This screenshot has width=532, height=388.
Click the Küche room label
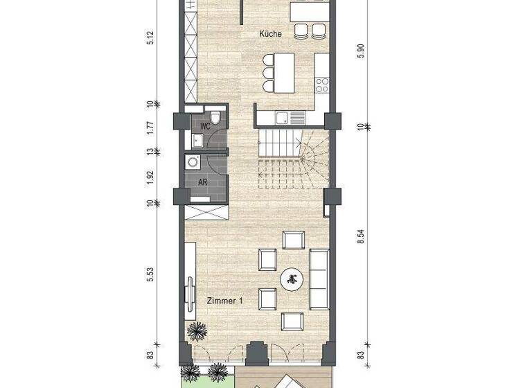coord(271,34)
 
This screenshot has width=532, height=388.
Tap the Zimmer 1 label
coord(224,300)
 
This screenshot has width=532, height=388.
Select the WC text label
coord(205,126)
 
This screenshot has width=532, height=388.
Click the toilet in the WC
coord(216,117)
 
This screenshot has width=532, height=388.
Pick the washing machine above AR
coord(193,162)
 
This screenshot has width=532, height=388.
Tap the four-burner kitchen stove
coord(322,84)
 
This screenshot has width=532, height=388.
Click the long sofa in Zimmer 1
coord(319,279)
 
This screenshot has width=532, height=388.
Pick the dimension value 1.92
coord(150,175)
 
